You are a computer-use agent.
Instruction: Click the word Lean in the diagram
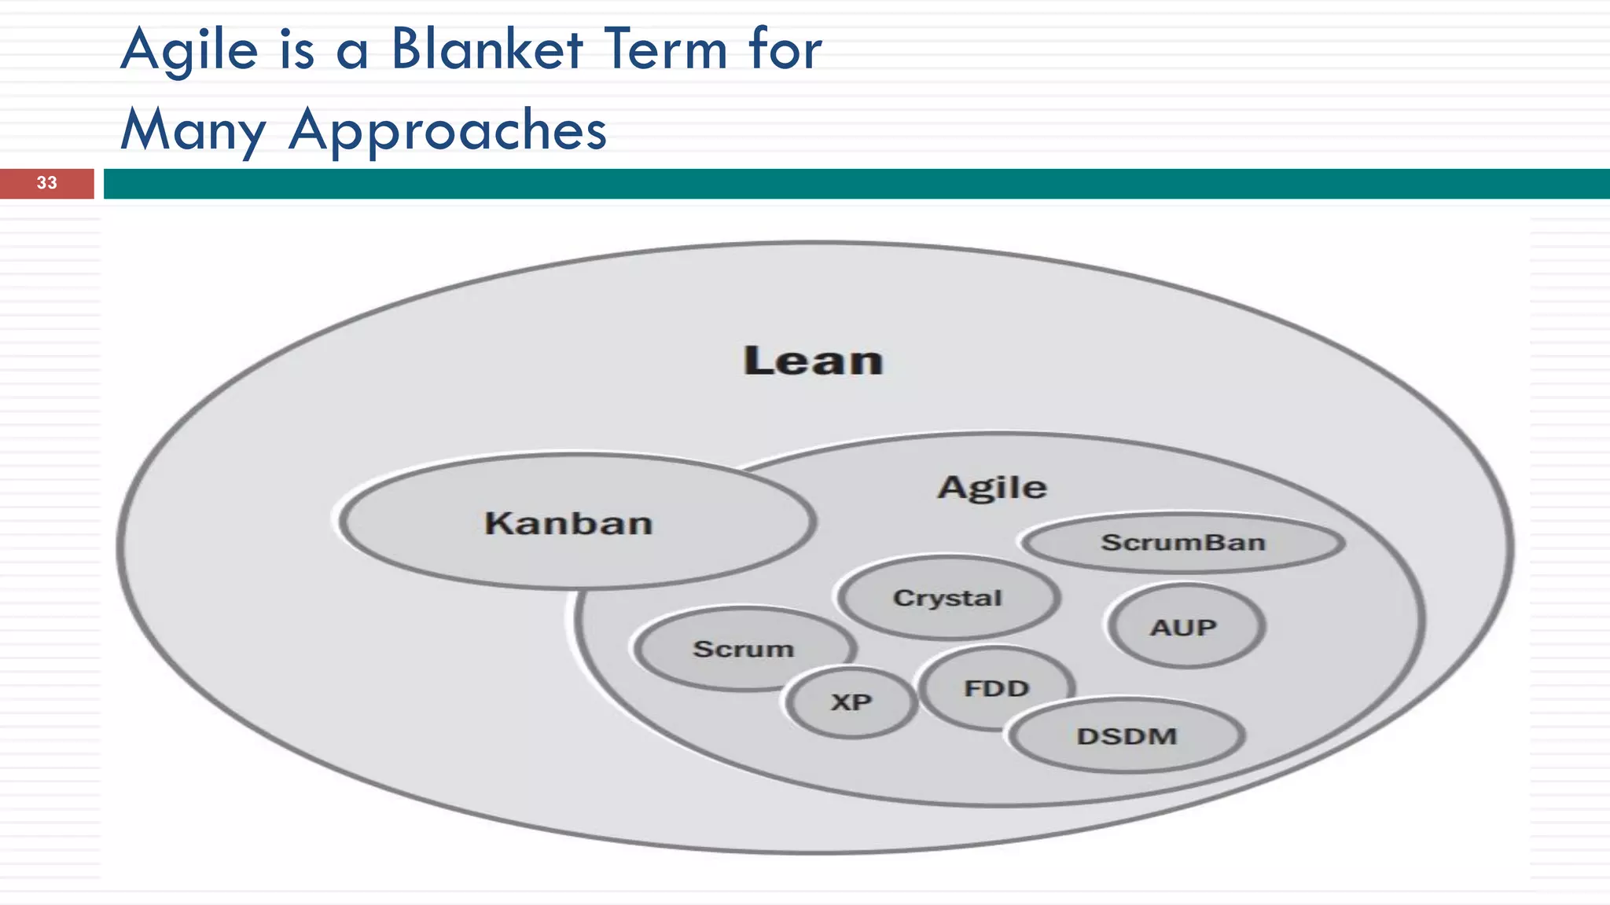[813, 361]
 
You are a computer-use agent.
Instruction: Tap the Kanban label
[568, 523]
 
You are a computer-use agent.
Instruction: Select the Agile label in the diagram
[992, 487]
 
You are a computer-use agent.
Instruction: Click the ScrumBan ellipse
[1182, 542]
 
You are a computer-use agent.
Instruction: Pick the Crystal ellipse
[947, 598]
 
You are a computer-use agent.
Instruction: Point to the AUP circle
[1184, 627]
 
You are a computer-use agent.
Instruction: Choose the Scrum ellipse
[743, 649]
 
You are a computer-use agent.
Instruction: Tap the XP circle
[851, 702]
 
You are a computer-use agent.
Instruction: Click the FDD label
[996, 688]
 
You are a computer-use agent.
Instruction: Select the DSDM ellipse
[1127, 736]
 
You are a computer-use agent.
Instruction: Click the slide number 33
[46, 183]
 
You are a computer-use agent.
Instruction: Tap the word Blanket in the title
[487, 50]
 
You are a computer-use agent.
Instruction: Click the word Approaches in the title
[447, 130]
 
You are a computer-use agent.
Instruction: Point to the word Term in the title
[666, 50]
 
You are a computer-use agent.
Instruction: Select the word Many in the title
[193, 130]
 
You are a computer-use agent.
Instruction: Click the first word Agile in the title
[189, 50]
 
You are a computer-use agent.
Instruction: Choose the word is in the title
[297, 50]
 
